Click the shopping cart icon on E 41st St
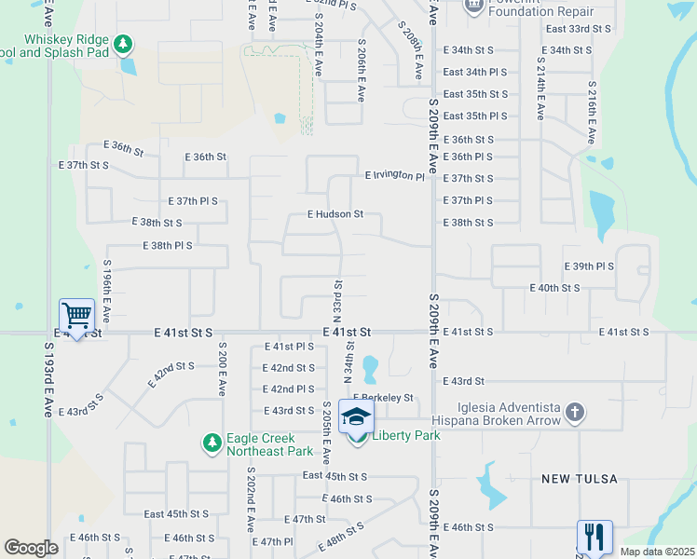75,315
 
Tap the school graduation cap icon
355,418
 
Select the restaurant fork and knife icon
594,537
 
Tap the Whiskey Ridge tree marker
122,44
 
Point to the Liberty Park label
405,435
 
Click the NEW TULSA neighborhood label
580,479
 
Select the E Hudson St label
335,213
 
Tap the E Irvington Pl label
394,175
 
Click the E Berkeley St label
382,398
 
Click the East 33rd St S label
579,29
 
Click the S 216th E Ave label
591,112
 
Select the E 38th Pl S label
168,245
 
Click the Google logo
30,548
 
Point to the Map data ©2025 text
657,552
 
